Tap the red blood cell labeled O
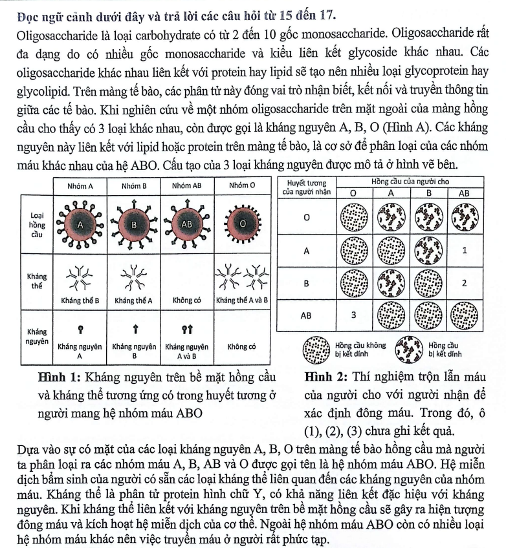(x=243, y=224)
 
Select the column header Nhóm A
(x=81, y=186)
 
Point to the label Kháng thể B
(x=81, y=300)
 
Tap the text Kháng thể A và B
(x=243, y=300)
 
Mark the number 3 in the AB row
(x=353, y=316)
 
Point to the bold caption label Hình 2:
(x=325, y=377)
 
